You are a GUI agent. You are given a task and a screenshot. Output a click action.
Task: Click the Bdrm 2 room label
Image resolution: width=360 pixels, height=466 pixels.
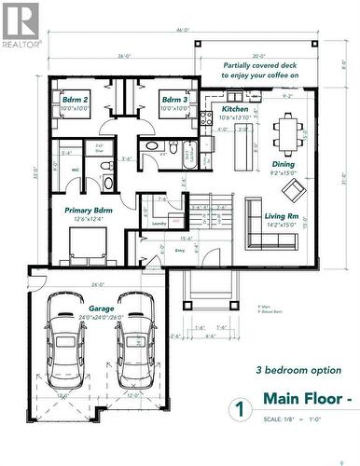click(x=75, y=100)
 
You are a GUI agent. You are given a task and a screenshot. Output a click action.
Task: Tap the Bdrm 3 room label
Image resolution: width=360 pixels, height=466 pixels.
click(x=174, y=100)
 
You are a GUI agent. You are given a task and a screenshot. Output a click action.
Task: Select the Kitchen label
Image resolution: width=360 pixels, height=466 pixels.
click(x=236, y=109)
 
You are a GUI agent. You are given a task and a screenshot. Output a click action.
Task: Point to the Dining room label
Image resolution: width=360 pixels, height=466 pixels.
click(x=283, y=164)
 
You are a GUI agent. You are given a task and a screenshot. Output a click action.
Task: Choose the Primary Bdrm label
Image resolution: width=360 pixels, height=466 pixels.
click(x=90, y=211)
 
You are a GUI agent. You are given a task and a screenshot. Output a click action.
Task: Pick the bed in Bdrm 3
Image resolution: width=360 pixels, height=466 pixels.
click(x=174, y=125)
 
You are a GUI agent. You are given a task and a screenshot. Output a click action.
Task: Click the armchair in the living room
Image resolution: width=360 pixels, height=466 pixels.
click(x=294, y=190)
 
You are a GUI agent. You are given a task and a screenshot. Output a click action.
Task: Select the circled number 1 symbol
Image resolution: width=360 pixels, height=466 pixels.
click(x=240, y=409)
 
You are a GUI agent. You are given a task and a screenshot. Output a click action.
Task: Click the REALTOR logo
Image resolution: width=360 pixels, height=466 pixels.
click(x=21, y=25)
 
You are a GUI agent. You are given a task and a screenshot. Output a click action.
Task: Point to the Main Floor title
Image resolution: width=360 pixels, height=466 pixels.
click(x=309, y=399)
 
